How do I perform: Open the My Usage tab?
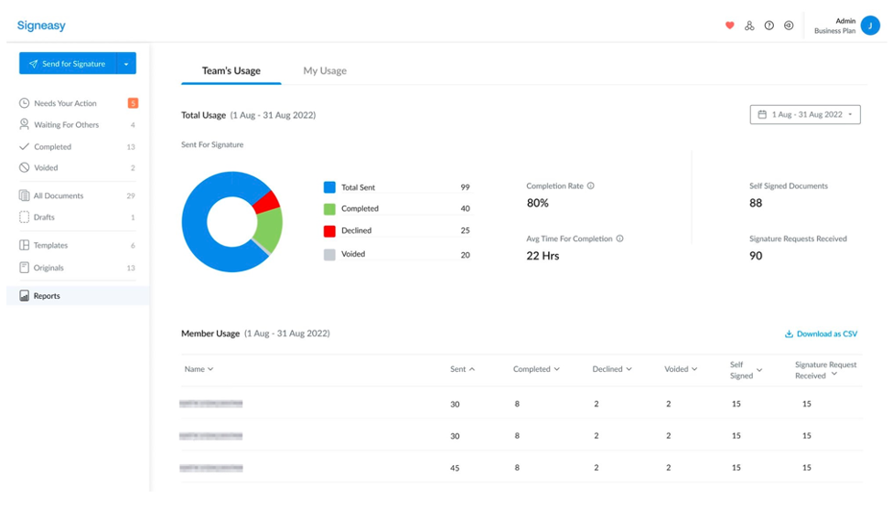[325, 70]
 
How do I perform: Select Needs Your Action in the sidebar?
[65, 103]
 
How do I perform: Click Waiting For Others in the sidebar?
[66, 125]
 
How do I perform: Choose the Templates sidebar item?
[50, 246]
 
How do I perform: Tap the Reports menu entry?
[47, 296]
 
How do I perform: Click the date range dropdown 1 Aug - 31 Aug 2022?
[805, 114]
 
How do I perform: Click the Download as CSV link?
[821, 334]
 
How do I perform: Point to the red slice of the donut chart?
[266, 202]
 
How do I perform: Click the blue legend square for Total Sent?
[329, 187]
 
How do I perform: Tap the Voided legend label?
[353, 255]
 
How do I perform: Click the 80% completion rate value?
[538, 203]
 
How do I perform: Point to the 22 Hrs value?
[543, 256]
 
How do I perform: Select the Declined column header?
[612, 369]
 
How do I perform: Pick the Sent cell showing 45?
[456, 468]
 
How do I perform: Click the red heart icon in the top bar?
[729, 26]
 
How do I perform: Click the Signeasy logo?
[41, 26]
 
